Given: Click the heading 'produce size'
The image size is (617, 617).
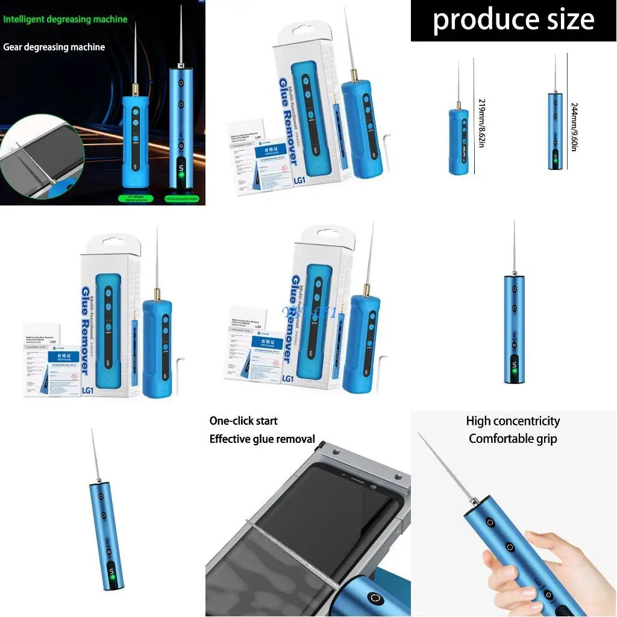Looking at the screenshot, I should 513,20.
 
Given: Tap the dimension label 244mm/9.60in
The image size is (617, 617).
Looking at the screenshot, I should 574,126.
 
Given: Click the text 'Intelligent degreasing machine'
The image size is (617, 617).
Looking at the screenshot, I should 65,19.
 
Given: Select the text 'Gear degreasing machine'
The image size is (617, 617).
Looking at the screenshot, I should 54,47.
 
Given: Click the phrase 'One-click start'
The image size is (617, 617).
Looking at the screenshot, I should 243,421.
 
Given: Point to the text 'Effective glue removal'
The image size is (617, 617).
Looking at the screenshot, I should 262,439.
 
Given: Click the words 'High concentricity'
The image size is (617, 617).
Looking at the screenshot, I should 513,421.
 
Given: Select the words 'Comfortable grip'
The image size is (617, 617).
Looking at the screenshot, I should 513,439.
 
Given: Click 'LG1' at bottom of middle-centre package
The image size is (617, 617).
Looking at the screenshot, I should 287,378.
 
